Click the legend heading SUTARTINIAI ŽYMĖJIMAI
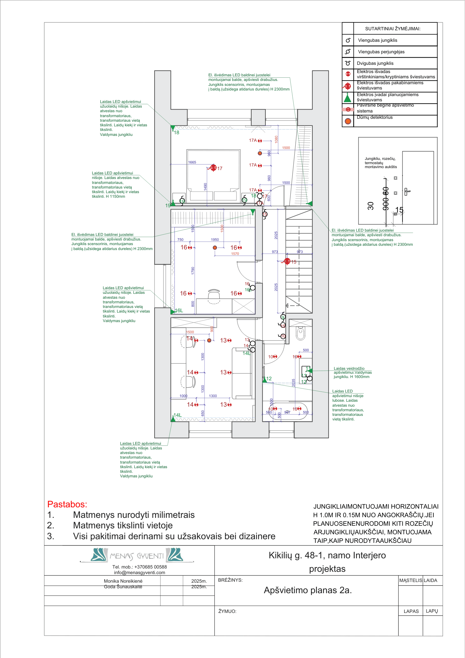(393, 29)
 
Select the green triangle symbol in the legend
(348, 97)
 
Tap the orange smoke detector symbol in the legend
(348, 121)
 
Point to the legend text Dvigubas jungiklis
(375, 63)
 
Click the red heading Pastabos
(67, 504)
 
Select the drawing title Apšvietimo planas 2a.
(307, 590)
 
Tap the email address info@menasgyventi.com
(139, 572)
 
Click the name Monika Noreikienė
(123, 581)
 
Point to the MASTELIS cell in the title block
(410, 580)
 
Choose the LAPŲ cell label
(432, 611)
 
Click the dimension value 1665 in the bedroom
(192, 162)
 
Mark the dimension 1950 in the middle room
(215, 240)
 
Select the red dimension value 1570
(235, 254)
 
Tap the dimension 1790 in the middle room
(193, 270)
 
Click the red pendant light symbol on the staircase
(287, 261)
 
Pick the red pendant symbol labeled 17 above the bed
(213, 168)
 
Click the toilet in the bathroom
(300, 333)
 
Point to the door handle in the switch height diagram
(407, 191)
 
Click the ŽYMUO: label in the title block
(227, 611)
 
